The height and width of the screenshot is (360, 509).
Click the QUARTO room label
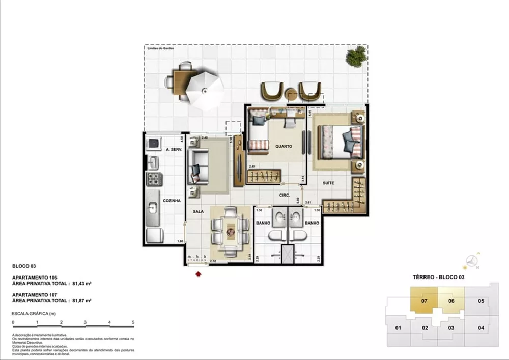coord(284,146)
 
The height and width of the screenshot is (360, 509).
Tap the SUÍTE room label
coord(328,182)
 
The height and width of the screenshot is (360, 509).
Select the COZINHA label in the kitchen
coord(172,201)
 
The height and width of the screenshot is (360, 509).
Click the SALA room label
coord(199,210)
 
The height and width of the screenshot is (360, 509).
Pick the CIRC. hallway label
coord(284,195)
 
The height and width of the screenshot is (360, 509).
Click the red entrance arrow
coord(198,274)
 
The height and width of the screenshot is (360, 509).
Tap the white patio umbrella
coord(204,91)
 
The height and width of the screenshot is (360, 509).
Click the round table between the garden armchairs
coord(292,95)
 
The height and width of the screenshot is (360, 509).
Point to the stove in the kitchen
coord(153,179)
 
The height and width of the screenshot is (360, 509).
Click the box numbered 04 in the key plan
coord(481,327)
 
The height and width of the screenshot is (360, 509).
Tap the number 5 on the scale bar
coord(133,322)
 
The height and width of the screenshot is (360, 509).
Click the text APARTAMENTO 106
coord(34,278)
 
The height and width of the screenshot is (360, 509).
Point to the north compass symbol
coord(473,260)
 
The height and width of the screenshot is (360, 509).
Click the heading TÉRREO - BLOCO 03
coord(438,277)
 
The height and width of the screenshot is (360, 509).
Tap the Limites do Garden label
coord(160,48)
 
